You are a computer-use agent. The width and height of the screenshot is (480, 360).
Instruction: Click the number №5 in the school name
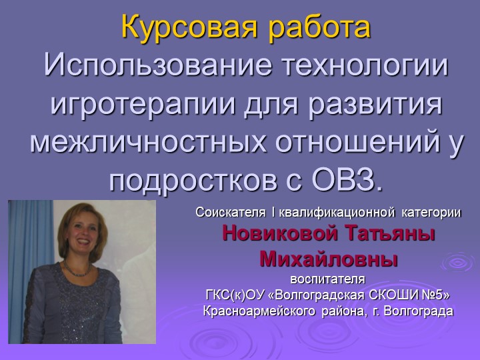(430, 294)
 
